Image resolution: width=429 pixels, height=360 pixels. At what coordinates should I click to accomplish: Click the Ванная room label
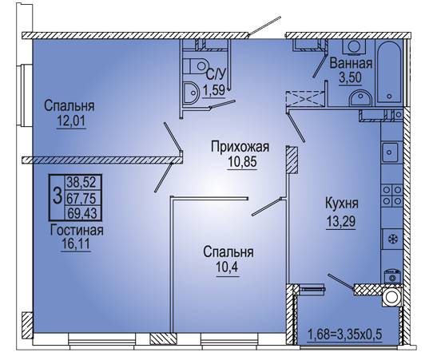[x=351, y=63]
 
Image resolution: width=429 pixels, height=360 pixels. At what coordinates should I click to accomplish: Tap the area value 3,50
[x=351, y=77]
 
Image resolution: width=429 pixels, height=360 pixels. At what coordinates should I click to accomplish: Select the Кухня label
[x=342, y=204]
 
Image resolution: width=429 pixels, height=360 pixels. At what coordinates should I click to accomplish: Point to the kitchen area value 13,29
[x=340, y=221]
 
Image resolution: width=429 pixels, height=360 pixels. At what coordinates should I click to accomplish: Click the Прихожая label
[x=240, y=147]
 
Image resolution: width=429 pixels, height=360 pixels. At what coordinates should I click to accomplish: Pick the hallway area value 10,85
[x=242, y=161]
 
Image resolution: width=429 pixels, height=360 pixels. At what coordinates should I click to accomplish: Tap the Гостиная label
[x=77, y=231]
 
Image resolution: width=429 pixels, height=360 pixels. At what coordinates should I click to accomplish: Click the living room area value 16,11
[x=76, y=243]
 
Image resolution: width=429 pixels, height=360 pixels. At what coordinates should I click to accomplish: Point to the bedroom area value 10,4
[x=228, y=267]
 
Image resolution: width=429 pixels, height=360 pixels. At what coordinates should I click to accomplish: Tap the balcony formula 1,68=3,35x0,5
[x=345, y=334]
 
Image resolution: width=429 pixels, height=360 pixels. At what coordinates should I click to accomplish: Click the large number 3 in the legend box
[x=58, y=196]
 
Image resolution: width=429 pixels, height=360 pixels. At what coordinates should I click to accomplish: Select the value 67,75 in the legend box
[x=82, y=198]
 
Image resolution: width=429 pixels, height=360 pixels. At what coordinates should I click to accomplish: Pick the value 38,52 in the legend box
[x=81, y=182]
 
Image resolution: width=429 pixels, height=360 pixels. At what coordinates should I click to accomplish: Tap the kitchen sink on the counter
[x=391, y=152]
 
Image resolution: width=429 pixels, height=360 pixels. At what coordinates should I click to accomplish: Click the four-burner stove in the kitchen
[x=392, y=196]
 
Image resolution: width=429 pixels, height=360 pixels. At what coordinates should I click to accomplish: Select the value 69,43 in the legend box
[x=82, y=213]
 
